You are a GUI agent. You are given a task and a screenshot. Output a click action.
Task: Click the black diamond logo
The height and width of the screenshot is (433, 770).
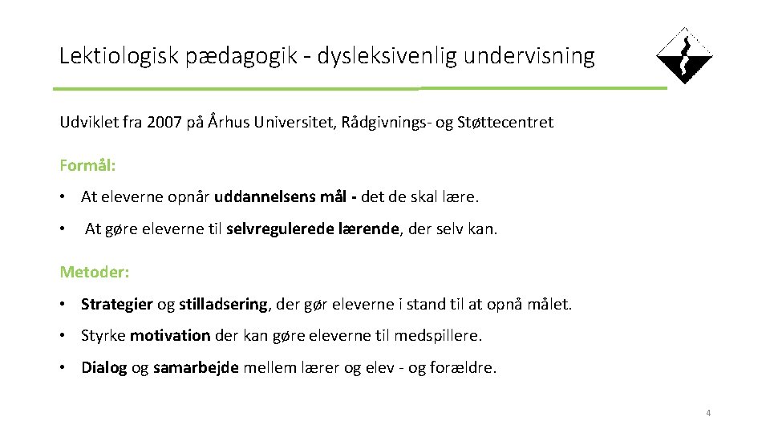pyautogui.click(x=684, y=56)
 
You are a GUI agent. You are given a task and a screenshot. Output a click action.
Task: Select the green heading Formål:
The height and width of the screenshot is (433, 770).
pyautogui.click(x=87, y=166)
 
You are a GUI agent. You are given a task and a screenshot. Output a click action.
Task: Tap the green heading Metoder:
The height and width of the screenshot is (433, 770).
pyautogui.click(x=94, y=272)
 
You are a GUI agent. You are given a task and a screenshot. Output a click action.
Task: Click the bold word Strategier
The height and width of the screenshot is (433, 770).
pyautogui.click(x=117, y=304)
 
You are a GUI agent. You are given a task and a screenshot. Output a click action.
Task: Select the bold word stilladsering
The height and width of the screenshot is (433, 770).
pyautogui.click(x=223, y=304)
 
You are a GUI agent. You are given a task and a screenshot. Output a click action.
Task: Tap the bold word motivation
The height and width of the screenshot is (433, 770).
pyautogui.click(x=170, y=336)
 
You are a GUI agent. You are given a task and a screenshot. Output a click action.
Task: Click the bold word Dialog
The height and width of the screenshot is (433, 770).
pyautogui.click(x=104, y=368)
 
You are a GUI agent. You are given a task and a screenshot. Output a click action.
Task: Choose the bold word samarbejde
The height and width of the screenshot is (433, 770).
pyautogui.click(x=196, y=368)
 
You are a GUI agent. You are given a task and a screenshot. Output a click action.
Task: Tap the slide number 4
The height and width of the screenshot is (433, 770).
pyautogui.click(x=708, y=413)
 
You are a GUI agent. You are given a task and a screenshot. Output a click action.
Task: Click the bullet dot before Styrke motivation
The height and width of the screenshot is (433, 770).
pyautogui.click(x=63, y=336)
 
